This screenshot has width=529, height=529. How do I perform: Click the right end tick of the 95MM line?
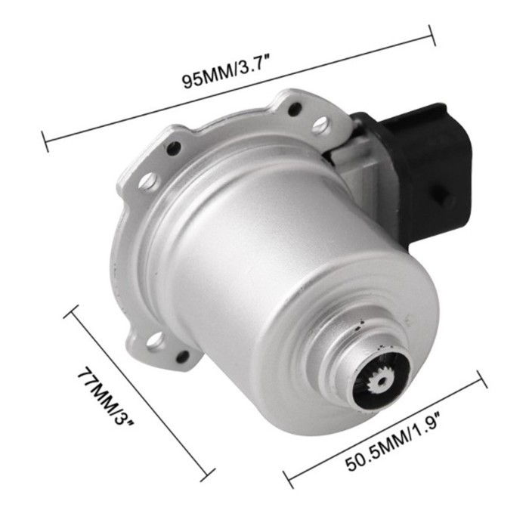click(x=433, y=35)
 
